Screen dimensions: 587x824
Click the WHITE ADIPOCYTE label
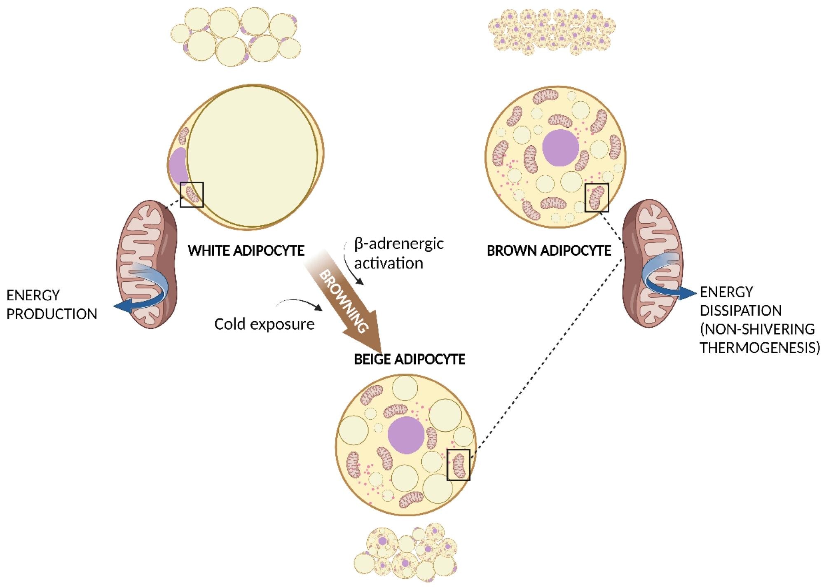click(246, 250)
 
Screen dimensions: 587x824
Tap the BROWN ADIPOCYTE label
click(549, 250)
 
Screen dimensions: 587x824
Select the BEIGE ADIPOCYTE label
click(410, 359)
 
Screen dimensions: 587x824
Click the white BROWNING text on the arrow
click(343, 301)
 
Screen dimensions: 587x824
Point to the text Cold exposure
click(264, 324)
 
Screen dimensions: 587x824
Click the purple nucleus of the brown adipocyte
click(560, 147)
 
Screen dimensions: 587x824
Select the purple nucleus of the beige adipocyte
click(406, 435)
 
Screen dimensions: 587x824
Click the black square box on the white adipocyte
click(192, 194)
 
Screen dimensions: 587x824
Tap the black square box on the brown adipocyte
click(597, 198)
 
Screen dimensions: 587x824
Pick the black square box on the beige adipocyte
click(458, 465)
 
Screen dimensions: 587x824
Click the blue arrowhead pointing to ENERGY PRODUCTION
click(120, 306)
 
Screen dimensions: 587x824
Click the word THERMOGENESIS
click(759, 347)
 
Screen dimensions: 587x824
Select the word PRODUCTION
click(51, 314)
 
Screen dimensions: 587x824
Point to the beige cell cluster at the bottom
click(405, 552)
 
